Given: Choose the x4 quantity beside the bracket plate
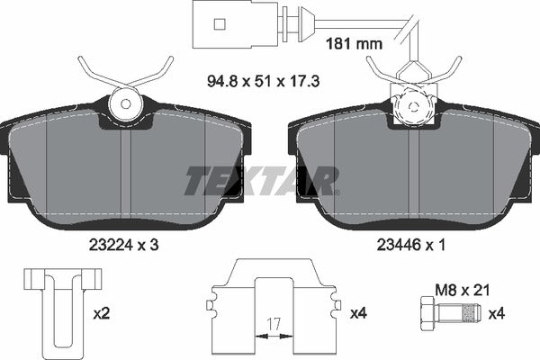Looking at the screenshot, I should (356, 312).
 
